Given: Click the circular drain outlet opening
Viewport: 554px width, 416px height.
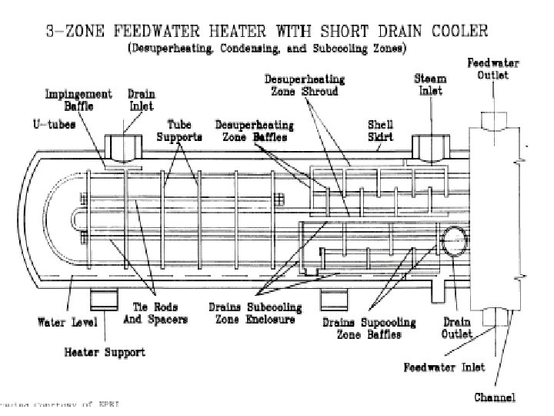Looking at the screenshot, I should pos(452,239).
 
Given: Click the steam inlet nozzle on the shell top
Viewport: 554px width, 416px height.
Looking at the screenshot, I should pos(428,146).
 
